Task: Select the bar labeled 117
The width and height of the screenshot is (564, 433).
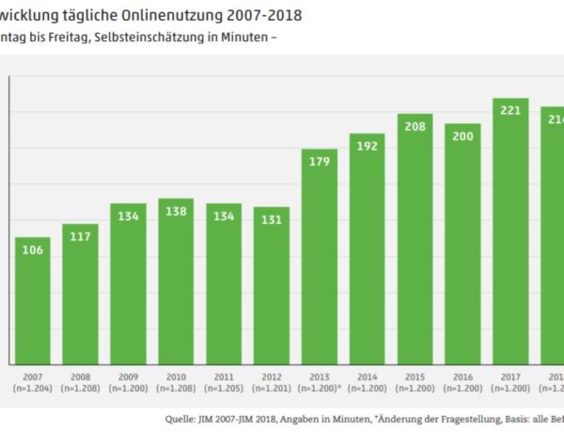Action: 80,294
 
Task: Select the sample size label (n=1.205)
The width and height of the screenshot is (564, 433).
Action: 224,388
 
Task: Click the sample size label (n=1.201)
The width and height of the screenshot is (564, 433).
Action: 272,388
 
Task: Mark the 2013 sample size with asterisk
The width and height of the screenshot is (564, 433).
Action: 320,388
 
